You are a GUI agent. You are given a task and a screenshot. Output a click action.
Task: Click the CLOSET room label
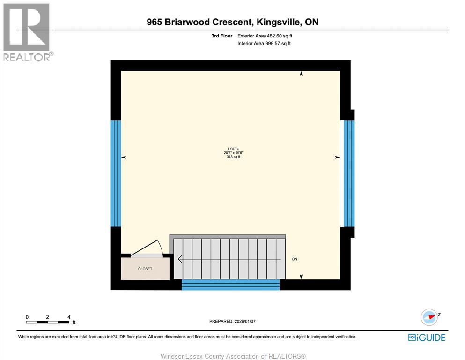[x=145, y=269]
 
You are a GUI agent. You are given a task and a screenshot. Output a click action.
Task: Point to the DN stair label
[x=295, y=259]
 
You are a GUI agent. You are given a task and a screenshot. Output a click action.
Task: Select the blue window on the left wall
[x=115, y=173]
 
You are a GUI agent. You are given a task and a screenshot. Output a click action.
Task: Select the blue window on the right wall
[x=347, y=173]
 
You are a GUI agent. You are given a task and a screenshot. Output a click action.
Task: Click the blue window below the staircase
[x=230, y=285]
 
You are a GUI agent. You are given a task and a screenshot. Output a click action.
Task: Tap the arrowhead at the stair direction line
[x=180, y=259]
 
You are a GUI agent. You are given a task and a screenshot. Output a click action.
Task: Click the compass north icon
[x=429, y=317]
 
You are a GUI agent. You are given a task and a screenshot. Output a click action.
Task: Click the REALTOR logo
[x=27, y=32]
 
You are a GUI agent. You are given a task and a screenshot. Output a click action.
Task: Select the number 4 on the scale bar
[x=69, y=317]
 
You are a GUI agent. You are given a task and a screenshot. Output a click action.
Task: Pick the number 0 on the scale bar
[x=27, y=317]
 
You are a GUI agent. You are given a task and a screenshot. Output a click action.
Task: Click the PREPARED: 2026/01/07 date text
[x=232, y=321]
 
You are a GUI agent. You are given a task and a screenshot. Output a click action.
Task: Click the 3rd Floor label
[x=221, y=36]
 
